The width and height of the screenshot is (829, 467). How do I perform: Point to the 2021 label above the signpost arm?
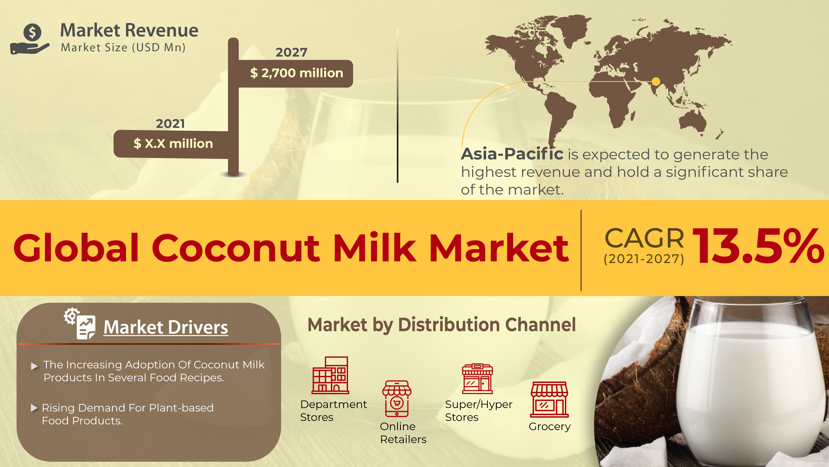pyautogui.click(x=170, y=124)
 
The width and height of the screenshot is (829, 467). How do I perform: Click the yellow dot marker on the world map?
pyautogui.click(x=655, y=81)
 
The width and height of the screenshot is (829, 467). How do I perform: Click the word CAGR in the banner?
pyautogui.click(x=644, y=238)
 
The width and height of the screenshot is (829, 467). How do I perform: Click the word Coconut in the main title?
pyautogui.click(x=236, y=248)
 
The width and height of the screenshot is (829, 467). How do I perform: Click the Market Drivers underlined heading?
pyautogui.click(x=166, y=328)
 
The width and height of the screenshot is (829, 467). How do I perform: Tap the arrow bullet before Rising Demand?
pyautogui.click(x=34, y=408)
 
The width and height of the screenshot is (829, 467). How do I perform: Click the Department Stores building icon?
pyautogui.click(x=330, y=375)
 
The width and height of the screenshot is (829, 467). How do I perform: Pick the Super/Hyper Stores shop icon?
pyautogui.click(x=477, y=379)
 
